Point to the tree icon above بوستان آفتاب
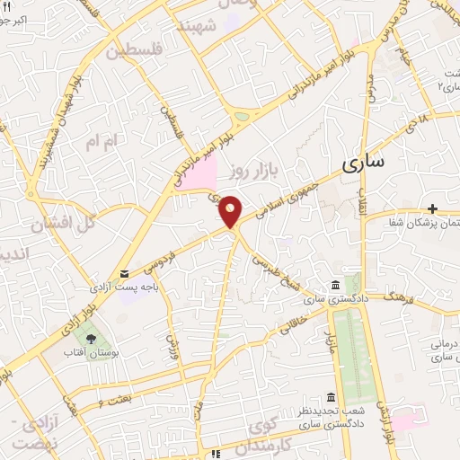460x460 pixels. [93, 337]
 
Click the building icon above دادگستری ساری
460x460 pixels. [335, 284]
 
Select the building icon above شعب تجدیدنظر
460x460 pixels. [332, 397]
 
